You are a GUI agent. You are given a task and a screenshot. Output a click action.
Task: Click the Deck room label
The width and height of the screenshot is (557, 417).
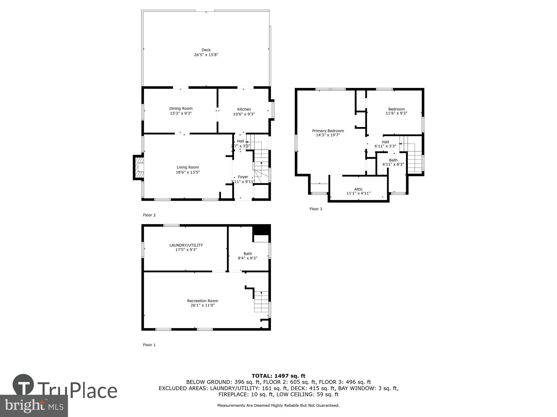pos(206,50)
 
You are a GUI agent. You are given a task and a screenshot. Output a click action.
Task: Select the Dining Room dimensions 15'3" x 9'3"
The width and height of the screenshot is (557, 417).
pos(181,113)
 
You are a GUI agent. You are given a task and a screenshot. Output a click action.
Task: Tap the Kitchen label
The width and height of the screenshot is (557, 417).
pos(244,109)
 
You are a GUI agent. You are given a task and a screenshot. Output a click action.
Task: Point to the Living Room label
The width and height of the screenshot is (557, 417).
pos(188,167)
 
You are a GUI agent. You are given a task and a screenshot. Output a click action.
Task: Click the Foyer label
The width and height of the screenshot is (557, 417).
pos(243,177)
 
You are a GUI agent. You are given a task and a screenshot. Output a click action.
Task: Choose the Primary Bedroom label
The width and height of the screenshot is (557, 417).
pos(328,131)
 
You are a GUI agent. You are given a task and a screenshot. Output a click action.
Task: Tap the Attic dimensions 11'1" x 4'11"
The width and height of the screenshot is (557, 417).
pos(358,193)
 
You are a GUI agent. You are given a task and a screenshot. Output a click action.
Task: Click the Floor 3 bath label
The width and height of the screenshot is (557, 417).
pos(393,160)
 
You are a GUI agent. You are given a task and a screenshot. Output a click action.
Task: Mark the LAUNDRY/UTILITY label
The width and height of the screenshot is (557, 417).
pos(186,245)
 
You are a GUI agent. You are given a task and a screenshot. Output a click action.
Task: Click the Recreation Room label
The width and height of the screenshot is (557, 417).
pos(202,301)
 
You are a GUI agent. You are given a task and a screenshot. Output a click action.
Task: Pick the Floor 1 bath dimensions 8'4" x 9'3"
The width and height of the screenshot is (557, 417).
pos(248,258)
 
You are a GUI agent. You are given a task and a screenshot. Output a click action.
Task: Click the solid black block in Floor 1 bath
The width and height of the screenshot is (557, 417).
pos(261,229)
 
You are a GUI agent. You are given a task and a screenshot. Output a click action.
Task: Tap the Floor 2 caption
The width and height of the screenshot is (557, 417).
pos(149,215)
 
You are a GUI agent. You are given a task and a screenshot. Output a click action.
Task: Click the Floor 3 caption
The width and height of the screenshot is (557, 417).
pos(316,209)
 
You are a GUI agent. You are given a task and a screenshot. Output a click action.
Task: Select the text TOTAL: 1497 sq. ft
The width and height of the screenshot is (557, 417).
pos(278,376)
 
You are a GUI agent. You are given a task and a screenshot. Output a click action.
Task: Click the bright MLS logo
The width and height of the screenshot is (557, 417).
pos(34,406)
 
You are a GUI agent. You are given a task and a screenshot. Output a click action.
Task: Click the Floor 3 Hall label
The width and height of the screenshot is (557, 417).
pos(385,142)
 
